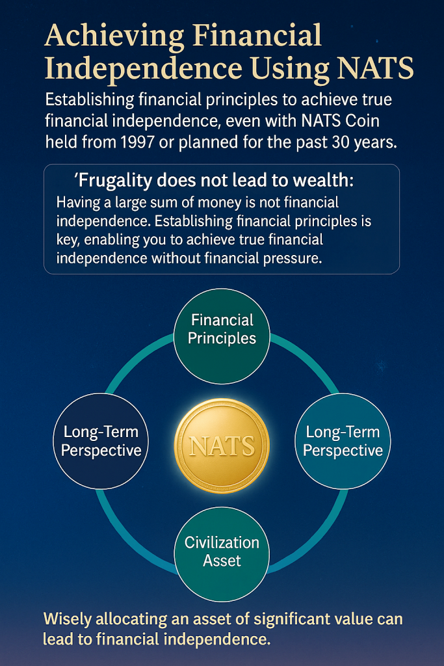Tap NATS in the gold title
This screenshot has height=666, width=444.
(x=375, y=68)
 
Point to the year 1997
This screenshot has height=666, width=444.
(x=137, y=142)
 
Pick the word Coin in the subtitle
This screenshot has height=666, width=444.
(x=362, y=120)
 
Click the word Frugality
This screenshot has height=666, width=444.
(x=115, y=181)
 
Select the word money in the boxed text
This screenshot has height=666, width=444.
(x=231, y=203)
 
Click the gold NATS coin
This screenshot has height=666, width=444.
(x=222, y=446)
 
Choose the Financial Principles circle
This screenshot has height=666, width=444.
(x=222, y=336)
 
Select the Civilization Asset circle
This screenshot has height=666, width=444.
(x=222, y=554)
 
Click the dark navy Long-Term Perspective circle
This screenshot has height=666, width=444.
(x=101, y=441)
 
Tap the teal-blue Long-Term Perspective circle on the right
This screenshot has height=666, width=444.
(x=343, y=441)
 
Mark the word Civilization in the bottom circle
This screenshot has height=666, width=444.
(x=222, y=543)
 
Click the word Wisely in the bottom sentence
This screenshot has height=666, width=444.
(x=68, y=620)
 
